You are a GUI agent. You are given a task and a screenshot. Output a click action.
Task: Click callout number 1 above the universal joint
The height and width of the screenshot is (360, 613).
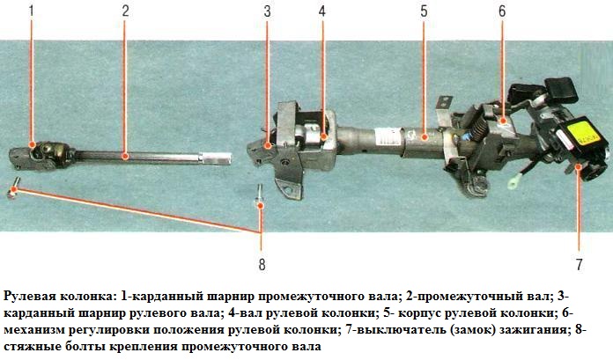(x=31, y=12)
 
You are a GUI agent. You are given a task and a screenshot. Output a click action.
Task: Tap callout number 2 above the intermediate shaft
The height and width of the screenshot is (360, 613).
(x=125, y=12)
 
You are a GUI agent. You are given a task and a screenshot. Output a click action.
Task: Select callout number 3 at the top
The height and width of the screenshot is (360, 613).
(x=267, y=12)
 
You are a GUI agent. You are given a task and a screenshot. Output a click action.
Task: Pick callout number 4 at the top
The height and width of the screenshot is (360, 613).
(x=322, y=12)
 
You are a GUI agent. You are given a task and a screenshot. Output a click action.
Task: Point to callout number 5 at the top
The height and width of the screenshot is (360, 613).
(x=424, y=12)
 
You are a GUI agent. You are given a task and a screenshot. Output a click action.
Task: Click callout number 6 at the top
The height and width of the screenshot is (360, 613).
(x=502, y=12)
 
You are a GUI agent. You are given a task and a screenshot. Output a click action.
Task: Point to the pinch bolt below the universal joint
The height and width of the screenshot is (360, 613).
(x=15, y=187)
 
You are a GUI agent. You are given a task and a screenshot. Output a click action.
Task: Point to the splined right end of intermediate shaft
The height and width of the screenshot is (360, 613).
(x=221, y=158)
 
